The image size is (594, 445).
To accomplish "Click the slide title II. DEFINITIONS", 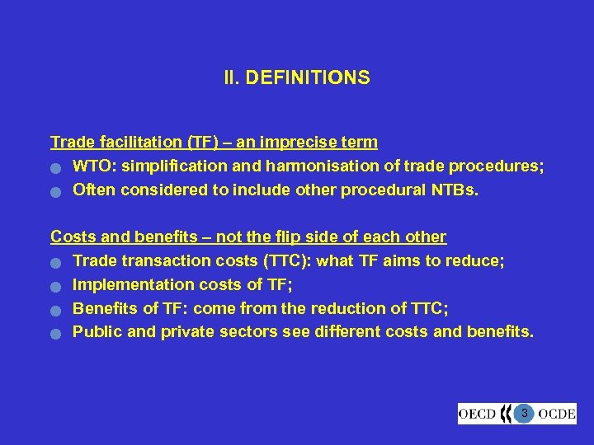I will coord(296,78).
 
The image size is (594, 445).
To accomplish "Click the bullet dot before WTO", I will coord(55,168).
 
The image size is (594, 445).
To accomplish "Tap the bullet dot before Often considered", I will coord(55,192).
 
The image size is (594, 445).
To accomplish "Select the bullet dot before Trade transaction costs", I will coord(55,263).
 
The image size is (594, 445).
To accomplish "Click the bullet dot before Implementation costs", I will coord(55,287).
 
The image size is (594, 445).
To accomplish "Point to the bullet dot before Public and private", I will coord(55,335).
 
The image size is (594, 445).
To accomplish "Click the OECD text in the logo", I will coord(477,413).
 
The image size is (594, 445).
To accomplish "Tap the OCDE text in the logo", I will coord(558,413).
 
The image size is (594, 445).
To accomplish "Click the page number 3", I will coord(524,412).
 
